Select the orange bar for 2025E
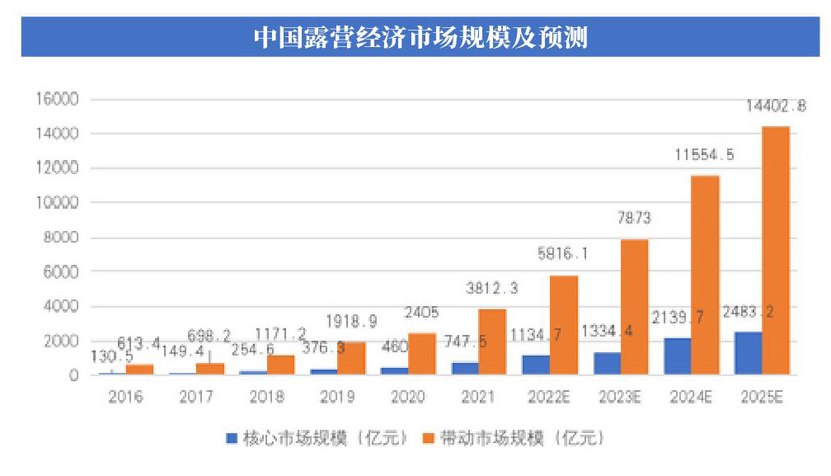tap(776, 251)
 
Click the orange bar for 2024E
tap(705, 276)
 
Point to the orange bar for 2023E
tap(634, 307)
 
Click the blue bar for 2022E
tap(535, 365)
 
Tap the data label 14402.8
tap(776, 106)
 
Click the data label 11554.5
tap(705, 155)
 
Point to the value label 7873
tap(634, 219)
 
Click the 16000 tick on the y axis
tap(59, 99)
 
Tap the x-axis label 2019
tap(337, 397)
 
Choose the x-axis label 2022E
tap(550, 397)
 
